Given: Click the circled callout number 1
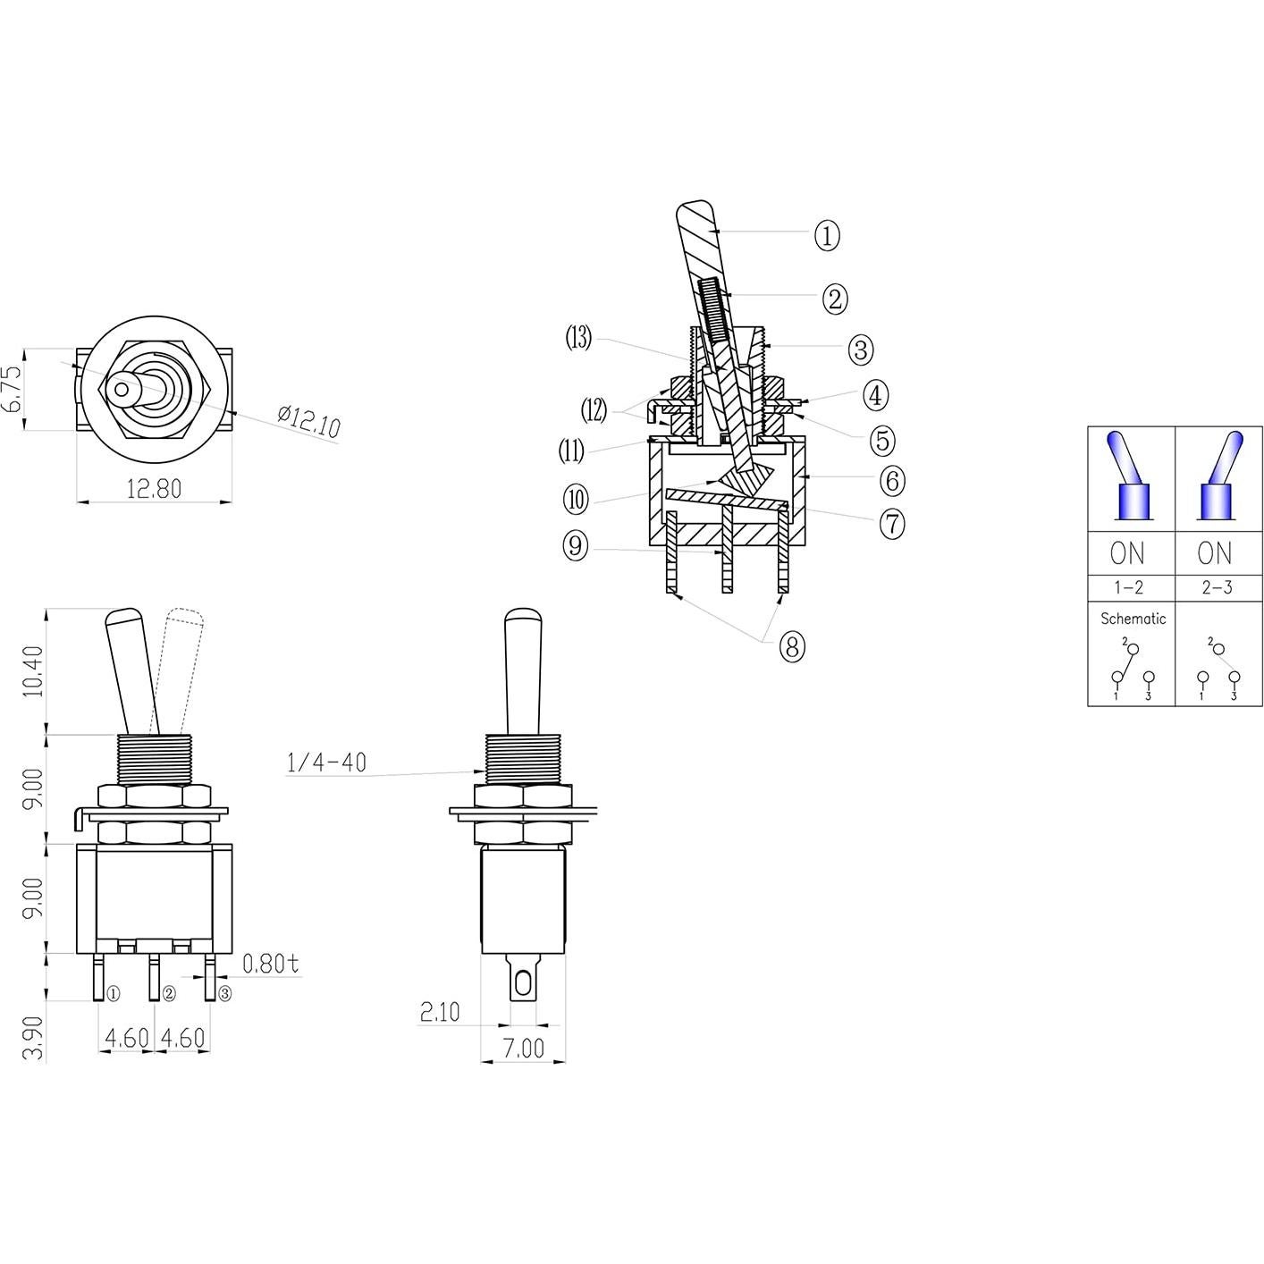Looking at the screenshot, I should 827,236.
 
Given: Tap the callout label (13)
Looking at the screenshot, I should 578,339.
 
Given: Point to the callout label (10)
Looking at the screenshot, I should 577,499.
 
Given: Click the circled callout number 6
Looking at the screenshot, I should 891,481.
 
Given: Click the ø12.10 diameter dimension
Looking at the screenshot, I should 308,421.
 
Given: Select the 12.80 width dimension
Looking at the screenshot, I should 154,488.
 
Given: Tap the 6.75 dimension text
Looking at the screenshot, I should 13,389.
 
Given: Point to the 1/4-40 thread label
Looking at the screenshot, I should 326,763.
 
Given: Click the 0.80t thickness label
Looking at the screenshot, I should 271,964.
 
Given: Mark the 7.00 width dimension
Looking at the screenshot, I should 522,1048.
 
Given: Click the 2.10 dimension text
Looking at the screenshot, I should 439,1011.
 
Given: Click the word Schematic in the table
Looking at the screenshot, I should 1133,619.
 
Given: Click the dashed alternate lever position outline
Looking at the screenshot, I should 181,661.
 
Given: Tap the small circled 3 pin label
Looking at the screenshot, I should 224,993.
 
